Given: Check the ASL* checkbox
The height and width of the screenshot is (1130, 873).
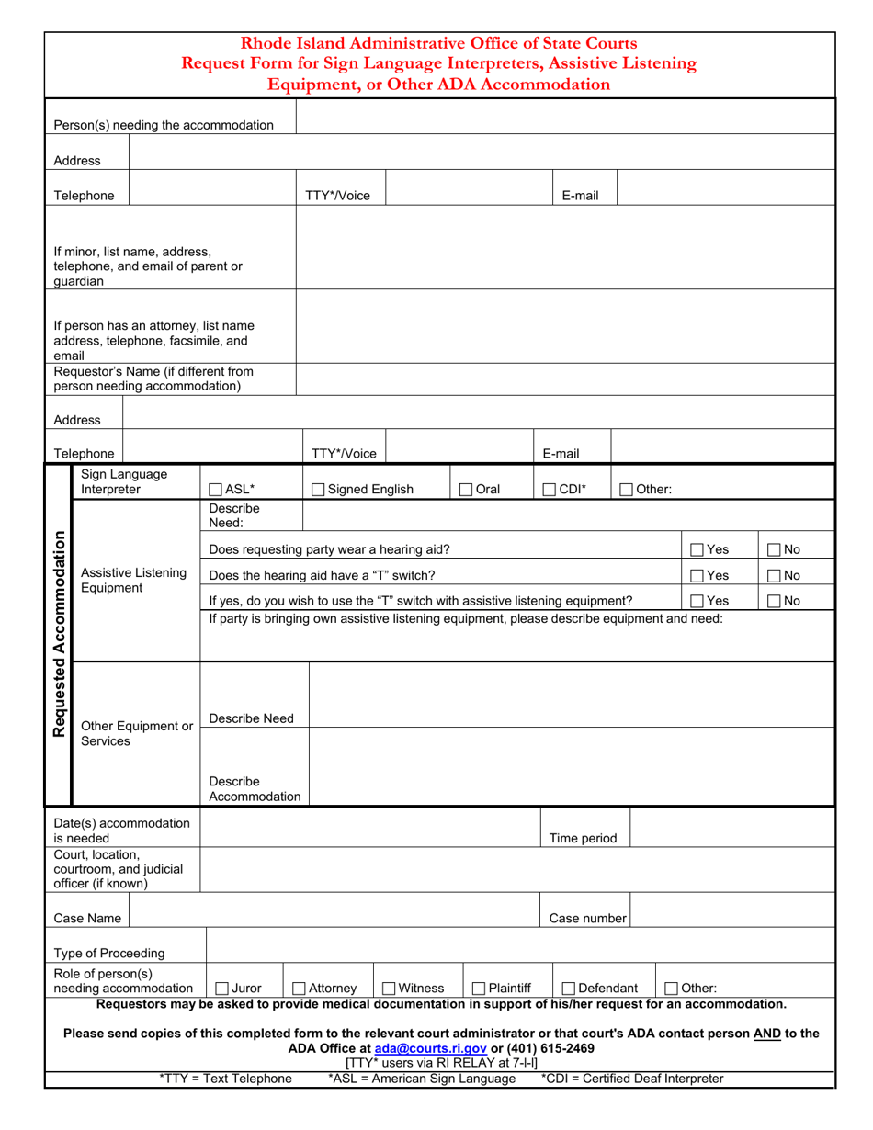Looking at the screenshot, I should pyautogui.click(x=216, y=490).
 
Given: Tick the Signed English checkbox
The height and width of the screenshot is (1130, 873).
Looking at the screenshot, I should pyautogui.click(x=319, y=490).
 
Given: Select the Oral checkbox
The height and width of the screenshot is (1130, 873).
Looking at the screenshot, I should pyautogui.click(x=466, y=490).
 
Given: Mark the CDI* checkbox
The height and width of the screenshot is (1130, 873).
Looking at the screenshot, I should pyautogui.click(x=549, y=490).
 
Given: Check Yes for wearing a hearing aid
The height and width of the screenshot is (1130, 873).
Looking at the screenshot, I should pyautogui.click(x=697, y=549).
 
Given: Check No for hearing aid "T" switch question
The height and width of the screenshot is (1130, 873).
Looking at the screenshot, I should pyautogui.click(x=773, y=575).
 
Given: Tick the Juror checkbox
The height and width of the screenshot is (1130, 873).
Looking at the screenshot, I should pyautogui.click(x=221, y=989).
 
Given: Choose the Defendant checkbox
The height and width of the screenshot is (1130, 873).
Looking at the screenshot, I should pyautogui.click(x=568, y=989).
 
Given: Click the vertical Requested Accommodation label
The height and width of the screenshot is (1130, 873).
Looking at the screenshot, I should pyautogui.click(x=60, y=634).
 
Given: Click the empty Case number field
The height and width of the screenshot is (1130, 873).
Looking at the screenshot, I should pyautogui.click(x=731, y=917).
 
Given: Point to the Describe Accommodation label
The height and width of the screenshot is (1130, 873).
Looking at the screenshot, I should pyautogui.click(x=255, y=789).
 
